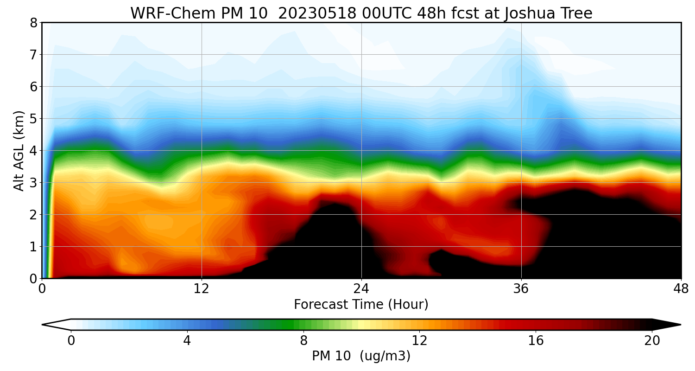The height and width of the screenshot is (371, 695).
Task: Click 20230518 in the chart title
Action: point(317,13)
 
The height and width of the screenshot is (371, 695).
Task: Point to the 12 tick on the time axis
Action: point(202,288)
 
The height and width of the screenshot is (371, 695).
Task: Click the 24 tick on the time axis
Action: point(361,288)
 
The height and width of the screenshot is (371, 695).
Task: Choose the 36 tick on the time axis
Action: point(521,288)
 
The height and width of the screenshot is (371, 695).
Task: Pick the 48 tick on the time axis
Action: point(681,288)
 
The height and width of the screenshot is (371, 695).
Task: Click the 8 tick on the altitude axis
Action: point(33,23)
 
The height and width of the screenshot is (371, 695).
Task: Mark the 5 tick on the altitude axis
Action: point(33,119)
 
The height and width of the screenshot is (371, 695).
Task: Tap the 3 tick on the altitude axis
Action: point(33,183)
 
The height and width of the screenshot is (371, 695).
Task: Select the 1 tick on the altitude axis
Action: point(33,247)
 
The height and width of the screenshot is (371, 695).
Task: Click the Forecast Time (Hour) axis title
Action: point(361,305)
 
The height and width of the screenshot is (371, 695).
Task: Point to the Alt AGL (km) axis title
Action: point(19,150)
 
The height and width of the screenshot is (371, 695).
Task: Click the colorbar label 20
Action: point(652,341)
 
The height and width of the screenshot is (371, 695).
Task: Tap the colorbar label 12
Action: point(419,341)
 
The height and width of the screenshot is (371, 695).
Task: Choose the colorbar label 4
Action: point(187,341)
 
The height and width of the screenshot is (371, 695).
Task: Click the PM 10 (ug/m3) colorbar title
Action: point(361,356)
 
